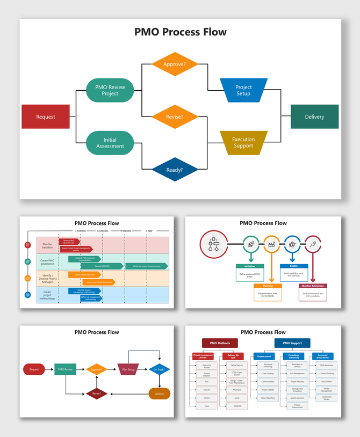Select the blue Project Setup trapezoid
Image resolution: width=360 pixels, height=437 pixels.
point(243,90)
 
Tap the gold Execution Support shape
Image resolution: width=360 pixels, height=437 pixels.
point(243,143)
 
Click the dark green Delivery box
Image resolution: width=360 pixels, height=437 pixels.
point(314,116)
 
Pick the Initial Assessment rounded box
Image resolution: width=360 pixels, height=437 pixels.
point(110,143)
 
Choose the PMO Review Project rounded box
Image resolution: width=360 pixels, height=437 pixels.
point(110,90)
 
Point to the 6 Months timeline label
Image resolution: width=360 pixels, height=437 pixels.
point(103,231)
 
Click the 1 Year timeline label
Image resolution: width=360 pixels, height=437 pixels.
point(149,231)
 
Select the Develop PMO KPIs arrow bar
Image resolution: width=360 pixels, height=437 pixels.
point(102,266)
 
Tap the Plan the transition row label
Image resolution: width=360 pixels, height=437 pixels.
point(48,245)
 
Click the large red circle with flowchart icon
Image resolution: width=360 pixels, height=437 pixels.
point(214,244)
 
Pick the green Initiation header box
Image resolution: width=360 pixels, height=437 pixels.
point(250,266)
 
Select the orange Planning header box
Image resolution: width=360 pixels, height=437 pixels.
point(267,286)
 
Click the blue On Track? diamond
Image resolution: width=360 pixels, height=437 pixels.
point(160,369)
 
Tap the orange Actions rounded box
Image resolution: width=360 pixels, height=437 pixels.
point(159,394)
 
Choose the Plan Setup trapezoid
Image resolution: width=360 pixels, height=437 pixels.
point(128,369)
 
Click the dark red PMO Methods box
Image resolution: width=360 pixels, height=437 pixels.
point(220,343)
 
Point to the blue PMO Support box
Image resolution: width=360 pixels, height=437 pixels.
point(292,343)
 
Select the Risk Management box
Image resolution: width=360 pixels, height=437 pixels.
point(297,373)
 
